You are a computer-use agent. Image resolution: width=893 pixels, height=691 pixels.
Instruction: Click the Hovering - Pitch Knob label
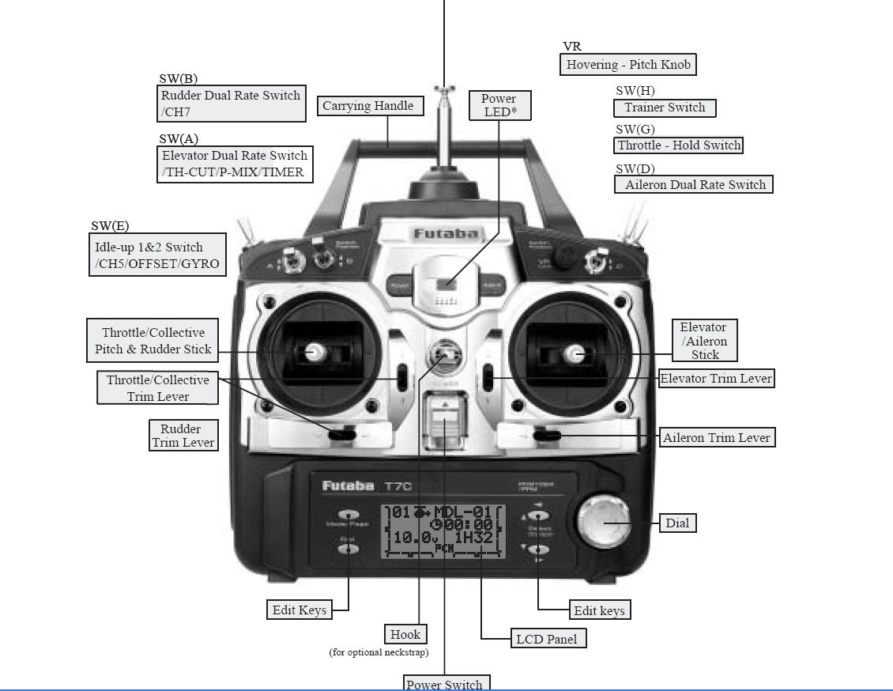pos(628,65)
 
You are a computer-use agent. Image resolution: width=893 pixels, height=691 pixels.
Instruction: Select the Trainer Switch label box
pos(665,108)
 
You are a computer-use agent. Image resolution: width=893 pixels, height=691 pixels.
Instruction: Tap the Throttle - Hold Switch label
pos(679,145)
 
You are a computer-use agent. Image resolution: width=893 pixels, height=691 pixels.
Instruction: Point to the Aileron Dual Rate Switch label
pos(694,185)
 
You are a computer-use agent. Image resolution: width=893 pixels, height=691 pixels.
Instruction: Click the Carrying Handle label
pos(367,106)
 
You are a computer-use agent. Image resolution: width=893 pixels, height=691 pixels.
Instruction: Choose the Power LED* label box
pos(499,105)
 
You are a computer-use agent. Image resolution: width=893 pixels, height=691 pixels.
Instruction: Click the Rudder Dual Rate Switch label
pos(231,104)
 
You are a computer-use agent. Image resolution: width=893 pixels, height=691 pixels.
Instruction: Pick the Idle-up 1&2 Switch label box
pos(157,255)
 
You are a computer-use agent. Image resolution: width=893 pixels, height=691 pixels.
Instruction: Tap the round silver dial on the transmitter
pos(604,522)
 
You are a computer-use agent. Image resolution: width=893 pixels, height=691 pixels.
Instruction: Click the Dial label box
pos(677,523)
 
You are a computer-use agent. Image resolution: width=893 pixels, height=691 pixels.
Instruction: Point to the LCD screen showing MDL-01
pos(443,530)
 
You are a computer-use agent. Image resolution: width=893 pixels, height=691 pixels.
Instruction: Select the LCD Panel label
pos(546,639)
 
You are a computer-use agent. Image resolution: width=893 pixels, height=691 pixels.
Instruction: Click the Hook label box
pos(405,634)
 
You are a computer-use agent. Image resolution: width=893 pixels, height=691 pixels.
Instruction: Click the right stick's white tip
pos(576,353)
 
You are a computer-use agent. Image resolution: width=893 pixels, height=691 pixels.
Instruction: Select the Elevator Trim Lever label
pos(716,379)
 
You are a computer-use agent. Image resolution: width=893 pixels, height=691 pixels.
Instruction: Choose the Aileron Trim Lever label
pos(717,438)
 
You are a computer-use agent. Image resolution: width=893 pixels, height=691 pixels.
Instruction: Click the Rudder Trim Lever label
pos(183,436)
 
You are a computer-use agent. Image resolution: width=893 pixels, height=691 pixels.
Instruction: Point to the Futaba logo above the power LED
pos(446,234)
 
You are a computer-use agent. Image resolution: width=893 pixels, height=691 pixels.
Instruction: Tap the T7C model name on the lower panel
pos(398,485)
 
